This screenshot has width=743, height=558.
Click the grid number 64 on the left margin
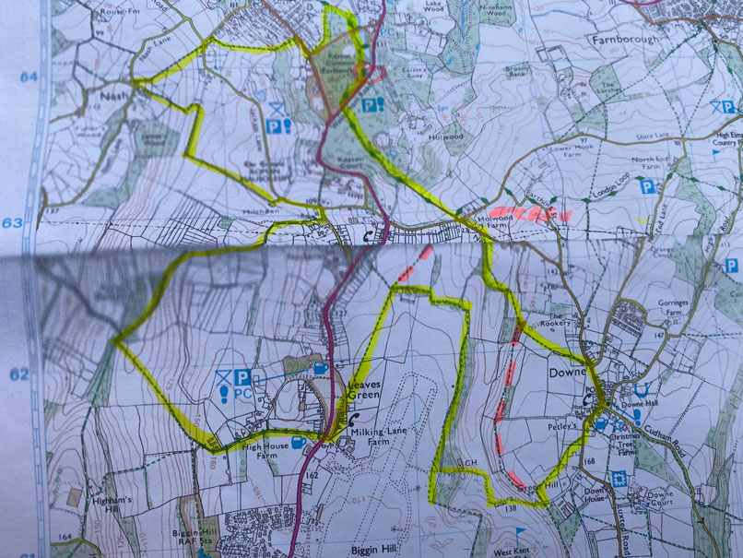coord(29,77)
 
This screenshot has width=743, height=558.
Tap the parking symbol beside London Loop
coord(648,186)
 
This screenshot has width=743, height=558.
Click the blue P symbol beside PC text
coord(242,377)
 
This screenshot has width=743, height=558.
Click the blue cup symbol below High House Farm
coord(299,442)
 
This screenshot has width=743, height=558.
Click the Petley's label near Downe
coord(565,426)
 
